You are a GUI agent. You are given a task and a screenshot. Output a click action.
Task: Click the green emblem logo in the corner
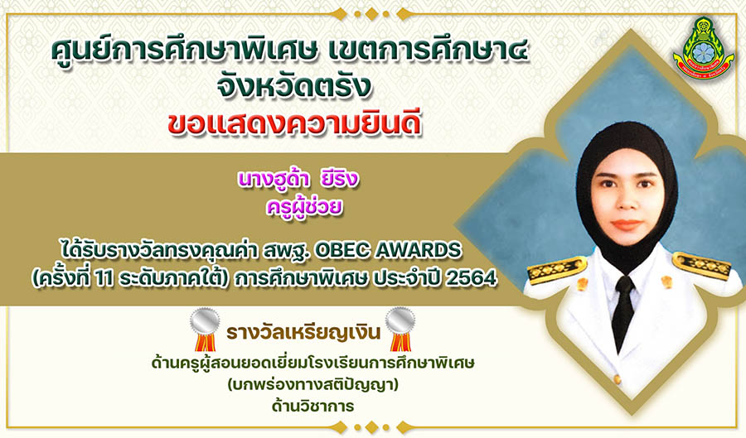click(x=703, y=48)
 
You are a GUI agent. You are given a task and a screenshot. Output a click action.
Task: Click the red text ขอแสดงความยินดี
click(x=294, y=124)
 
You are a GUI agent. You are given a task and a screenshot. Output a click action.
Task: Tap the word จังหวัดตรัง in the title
click(x=293, y=86)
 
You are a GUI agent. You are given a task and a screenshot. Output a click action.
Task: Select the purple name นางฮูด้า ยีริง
click(x=298, y=180)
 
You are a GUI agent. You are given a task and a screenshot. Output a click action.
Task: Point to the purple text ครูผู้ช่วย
click(x=304, y=207)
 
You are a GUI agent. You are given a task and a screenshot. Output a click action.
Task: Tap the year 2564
click(x=472, y=278)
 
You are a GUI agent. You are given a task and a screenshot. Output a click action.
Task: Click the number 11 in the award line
click(x=104, y=279)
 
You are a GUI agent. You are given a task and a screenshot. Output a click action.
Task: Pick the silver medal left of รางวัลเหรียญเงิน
click(x=205, y=329)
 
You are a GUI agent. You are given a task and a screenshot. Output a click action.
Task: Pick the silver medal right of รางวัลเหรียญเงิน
click(x=400, y=329)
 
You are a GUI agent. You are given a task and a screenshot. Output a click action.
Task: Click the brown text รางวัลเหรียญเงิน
click(x=303, y=333)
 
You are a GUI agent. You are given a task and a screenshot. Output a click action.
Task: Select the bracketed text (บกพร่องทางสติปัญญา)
click(x=312, y=384)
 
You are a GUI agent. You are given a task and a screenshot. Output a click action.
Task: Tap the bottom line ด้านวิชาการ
click(x=312, y=407)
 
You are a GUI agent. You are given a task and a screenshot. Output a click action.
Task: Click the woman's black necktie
click(x=622, y=311)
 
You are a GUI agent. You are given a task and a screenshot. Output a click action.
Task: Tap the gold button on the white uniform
click(x=617, y=379)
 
